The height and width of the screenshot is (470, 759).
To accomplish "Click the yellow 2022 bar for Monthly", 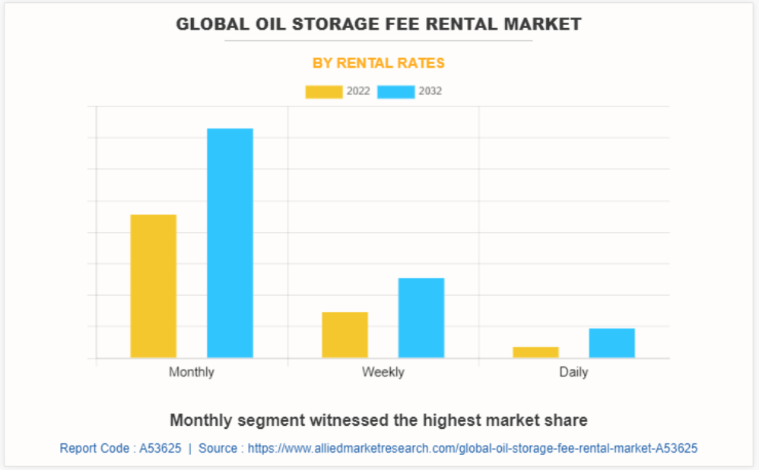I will pos(153,286).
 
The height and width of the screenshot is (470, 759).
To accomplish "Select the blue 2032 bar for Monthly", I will pos(230,243).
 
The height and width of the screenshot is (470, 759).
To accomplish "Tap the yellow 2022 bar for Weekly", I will pos(345,335).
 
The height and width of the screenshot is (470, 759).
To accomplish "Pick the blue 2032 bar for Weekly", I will pos(421,318).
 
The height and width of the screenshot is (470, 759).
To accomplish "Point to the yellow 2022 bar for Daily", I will pos(535,352).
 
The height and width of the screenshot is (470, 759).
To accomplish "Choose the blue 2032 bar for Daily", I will pos(611,343).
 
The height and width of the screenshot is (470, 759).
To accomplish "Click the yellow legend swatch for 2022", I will pos(323,92).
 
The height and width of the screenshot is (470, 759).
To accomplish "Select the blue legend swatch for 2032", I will pos(395,92).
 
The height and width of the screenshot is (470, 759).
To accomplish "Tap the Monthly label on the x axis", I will pos(191,372).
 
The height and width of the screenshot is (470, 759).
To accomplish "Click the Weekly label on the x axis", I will pos(383,372).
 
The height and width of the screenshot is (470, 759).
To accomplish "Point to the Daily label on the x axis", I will pos(573,372).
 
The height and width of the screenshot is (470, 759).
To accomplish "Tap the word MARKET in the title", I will pos(545,24).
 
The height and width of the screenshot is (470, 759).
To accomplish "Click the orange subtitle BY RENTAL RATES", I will pos(379,63).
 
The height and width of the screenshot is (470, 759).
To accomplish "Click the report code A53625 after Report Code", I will pos(160,449).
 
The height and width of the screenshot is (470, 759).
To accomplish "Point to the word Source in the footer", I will pos(218,449).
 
